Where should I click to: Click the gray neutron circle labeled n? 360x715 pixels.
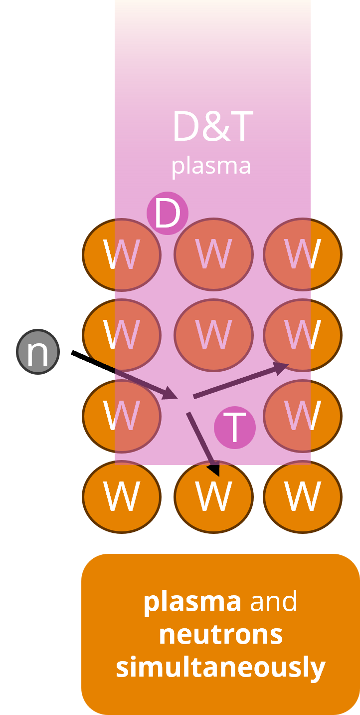pyautogui.click(x=38, y=351)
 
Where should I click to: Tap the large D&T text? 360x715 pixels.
pyautogui.click(x=212, y=128)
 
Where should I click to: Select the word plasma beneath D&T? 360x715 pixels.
pyautogui.click(x=211, y=166)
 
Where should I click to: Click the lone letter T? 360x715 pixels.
pyautogui.click(x=234, y=428)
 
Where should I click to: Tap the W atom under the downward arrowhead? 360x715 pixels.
pyautogui.click(x=213, y=496)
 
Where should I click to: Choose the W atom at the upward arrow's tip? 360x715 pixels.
pyautogui.click(x=302, y=335)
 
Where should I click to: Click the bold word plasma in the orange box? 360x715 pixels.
pyautogui.click(x=192, y=602)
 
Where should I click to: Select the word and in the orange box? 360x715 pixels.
pyautogui.click(x=273, y=602)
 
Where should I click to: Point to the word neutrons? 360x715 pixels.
pyautogui.click(x=220, y=635)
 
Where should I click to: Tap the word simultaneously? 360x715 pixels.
pyautogui.click(x=220, y=668)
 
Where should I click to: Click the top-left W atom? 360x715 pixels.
pyautogui.click(x=121, y=254)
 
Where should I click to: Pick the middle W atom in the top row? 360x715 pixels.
pyautogui.click(x=213, y=254)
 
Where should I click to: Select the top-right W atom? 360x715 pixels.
pyautogui.click(x=302, y=254)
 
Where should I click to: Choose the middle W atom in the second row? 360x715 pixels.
pyautogui.click(x=213, y=335)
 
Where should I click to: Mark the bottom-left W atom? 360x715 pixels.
pyautogui.click(x=121, y=496)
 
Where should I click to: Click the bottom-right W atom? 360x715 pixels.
pyautogui.click(x=302, y=496)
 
